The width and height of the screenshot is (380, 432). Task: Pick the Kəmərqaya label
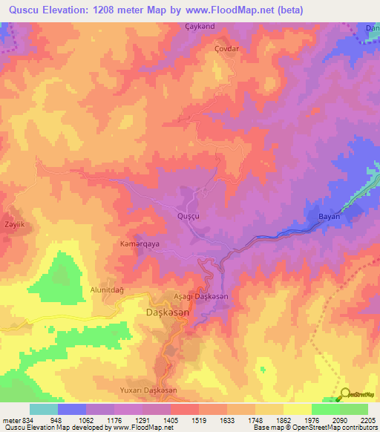tap(140, 243)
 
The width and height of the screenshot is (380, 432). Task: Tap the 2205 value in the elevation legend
tap(367, 419)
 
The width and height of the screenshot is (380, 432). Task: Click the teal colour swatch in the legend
tap(43, 409)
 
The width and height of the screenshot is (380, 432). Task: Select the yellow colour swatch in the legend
tap(297, 409)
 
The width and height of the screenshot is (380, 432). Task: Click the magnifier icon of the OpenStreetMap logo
tap(345, 394)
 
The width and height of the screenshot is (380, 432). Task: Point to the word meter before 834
tap(11, 419)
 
